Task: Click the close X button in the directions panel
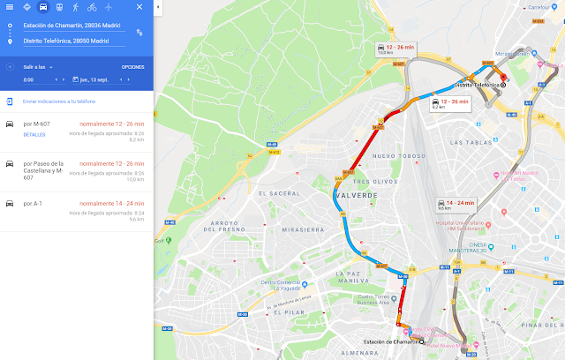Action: click(139, 6)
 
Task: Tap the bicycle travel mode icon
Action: click(93, 6)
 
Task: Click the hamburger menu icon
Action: click(9, 6)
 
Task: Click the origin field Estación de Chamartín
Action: click(72, 26)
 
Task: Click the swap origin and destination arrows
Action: click(139, 33)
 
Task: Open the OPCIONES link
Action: click(132, 67)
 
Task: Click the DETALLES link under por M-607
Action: click(34, 135)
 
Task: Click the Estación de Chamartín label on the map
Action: click(388, 341)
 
